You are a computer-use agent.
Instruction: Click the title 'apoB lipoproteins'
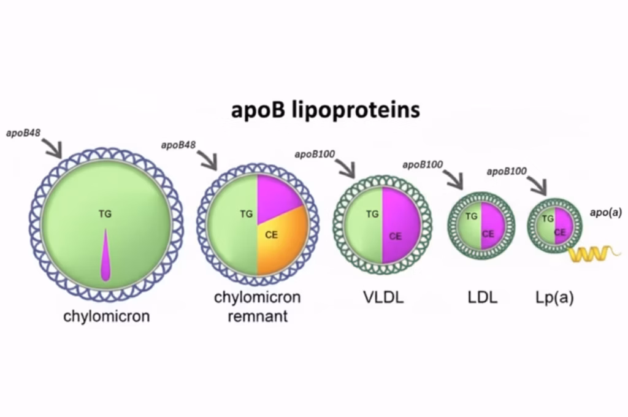325,110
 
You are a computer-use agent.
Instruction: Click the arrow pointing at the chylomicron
52,148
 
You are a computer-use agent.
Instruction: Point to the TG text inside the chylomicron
105,213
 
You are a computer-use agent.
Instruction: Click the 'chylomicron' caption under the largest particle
107,317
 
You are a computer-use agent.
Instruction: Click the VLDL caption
383,299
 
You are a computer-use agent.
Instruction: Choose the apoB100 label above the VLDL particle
315,154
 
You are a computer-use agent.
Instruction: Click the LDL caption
482,299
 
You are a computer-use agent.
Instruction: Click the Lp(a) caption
554,299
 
